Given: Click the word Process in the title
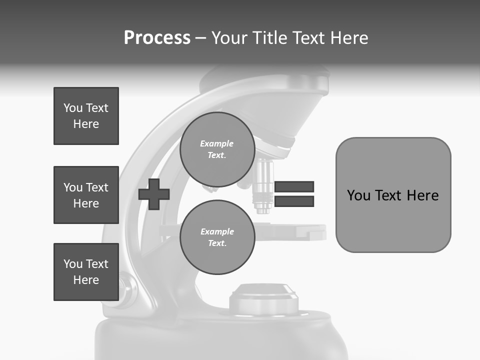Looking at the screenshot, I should (157, 38).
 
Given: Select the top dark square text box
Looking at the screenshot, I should (86, 116).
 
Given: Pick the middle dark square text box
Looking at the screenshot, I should (86, 195).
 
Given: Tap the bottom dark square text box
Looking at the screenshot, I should (86, 272).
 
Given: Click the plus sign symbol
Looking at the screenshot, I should (154, 194).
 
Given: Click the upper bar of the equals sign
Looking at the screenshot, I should (294, 187).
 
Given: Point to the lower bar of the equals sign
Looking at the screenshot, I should (294, 201).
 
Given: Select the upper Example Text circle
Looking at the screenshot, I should (217, 149).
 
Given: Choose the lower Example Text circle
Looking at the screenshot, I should (217, 237).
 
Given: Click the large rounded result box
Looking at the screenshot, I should (393, 195).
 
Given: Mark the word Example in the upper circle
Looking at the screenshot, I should (217, 144).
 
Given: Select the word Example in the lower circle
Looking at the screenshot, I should (217, 232).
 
